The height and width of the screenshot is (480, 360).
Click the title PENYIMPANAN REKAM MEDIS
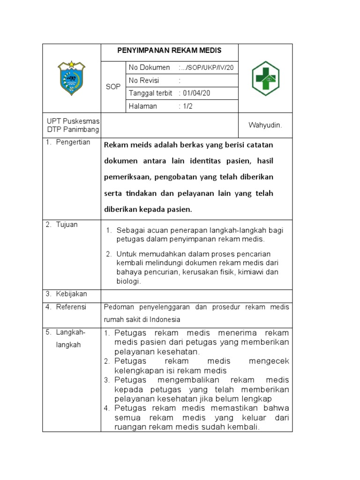click(x=169, y=51)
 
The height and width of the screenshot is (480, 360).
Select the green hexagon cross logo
click(x=265, y=78)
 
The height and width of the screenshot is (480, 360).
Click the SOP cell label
click(x=112, y=87)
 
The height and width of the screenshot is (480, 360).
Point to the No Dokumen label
click(x=150, y=68)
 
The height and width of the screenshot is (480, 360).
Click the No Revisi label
click(x=146, y=81)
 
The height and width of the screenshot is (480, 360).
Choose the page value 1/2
click(x=187, y=106)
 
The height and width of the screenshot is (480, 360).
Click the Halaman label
click(x=143, y=106)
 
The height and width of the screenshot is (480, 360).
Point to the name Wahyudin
click(x=265, y=126)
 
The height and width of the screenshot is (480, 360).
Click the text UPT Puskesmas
click(x=72, y=121)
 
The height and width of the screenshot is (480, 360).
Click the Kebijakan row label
click(x=71, y=294)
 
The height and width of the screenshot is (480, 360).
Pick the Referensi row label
click(x=71, y=307)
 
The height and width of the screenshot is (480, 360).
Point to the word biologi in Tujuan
click(x=128, y=281)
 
